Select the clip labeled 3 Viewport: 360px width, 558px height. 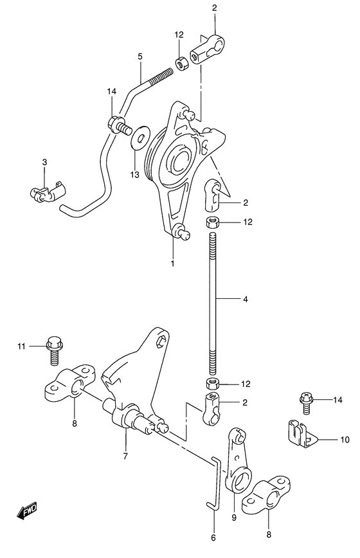point(47,192)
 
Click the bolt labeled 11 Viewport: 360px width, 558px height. point(53,350)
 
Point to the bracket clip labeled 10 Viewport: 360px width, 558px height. point(301,434)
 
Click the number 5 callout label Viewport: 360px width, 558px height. point(139,56)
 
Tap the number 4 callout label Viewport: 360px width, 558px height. point(246,300)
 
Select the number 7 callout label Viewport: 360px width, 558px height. point(125,456)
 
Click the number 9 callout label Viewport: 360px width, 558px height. point(234,517)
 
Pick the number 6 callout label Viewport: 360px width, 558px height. point(213,537)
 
